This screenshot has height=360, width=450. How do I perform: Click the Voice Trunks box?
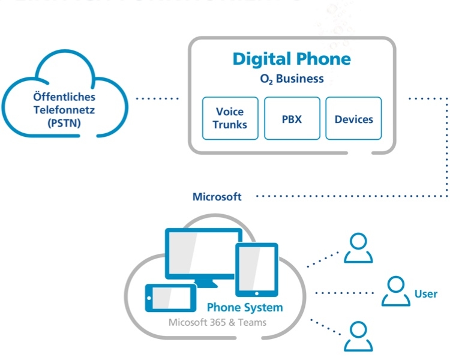click(x=230, y=118)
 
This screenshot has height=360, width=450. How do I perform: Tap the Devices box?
click(x=353, y=118)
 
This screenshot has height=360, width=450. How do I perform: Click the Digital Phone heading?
click(x=292, y=59)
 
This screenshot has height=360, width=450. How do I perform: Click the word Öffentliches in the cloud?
click(x=65, y=97)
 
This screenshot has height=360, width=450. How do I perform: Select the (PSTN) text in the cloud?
click(x=65, y=123)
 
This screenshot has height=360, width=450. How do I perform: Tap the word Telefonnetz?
click(x=65, y=110)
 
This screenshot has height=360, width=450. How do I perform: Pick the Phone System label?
click(x=244, y=308)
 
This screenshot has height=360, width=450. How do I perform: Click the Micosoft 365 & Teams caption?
click(x=217, y=322)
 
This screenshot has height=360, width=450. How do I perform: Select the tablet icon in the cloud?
click(x=256, y=269)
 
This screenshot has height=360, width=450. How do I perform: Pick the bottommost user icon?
click(x=358, y=336)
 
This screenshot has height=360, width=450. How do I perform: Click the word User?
click(x=426, y=294)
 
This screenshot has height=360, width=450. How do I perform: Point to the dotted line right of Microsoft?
click(x=348, y=196)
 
